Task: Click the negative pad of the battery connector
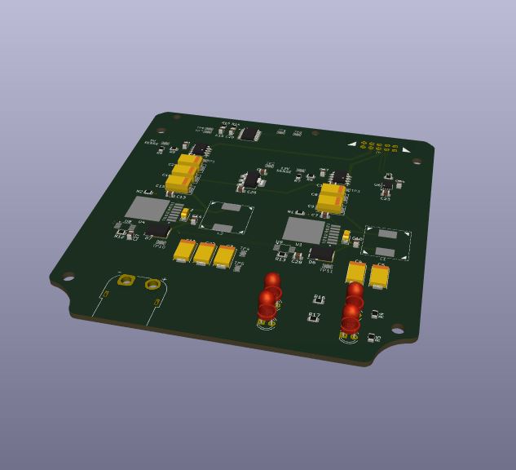[x=126, y=280]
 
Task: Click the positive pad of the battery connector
[x=152, y=284]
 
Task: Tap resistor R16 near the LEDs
[x=319, y=301]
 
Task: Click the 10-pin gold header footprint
[x=378, y=148]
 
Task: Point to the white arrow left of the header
[x=352, y=144]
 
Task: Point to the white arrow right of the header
[x=406, y=150]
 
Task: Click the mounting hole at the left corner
[x=68, y=276]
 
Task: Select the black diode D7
[x=158, y=232]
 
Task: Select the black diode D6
[x=321, y=255]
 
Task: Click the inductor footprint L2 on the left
[x=226, y=218]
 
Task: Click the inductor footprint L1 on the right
[x=386, y=243]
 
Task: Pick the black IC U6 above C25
[x=386, y=184]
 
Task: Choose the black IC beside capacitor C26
[x=250, y=179]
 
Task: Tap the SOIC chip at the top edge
[x=249, y=134]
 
